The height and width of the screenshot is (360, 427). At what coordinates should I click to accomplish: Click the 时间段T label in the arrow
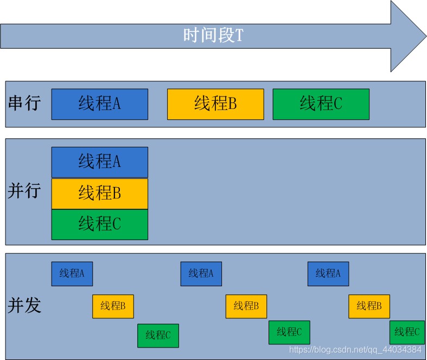pos(213,36)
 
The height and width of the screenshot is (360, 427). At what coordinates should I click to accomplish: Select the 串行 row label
pos(24,103)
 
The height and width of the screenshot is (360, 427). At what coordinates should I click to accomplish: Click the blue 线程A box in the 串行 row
pos(99,104)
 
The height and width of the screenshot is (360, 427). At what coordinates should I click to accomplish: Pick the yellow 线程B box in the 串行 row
pos(215,104)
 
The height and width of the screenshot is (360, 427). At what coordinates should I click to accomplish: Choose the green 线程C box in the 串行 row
pos(321,104)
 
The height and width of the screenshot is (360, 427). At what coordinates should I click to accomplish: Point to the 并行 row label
pos(24,191)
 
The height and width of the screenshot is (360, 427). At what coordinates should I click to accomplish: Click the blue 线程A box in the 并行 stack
pos(99,162)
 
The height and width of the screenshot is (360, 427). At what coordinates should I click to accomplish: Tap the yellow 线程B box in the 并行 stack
pos(99,193)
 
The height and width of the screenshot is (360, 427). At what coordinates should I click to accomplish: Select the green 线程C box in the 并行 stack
pos(99,224)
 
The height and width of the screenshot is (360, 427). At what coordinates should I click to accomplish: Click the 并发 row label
pos(24,305)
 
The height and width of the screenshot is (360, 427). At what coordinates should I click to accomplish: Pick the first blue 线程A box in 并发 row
pos(72,274)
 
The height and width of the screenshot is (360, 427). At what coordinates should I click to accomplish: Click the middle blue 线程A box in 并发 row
pos(201,274)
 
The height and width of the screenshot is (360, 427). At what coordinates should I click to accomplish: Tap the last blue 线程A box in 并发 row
pos(328,274)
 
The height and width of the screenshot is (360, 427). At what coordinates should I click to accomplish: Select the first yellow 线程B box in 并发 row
pos(113,306)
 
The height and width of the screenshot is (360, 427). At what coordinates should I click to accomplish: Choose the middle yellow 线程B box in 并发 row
pos(246,306)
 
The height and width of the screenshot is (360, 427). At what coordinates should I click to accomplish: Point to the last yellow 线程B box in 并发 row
pos(369,306)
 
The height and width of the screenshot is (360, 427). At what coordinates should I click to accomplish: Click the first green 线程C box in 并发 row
pos(158,336)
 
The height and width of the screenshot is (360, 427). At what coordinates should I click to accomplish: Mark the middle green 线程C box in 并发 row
pos(289,332)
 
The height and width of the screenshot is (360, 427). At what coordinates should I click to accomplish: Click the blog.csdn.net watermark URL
pos(355,350)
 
